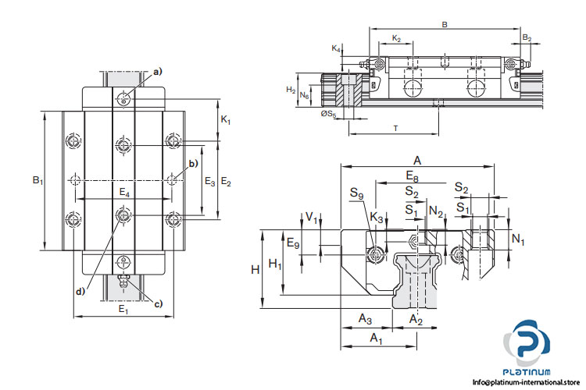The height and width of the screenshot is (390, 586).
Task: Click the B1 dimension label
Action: [x=37, y=180]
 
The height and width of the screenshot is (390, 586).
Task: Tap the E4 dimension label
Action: [x=125, y=191]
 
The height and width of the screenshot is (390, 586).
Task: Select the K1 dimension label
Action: [x=225, y=120]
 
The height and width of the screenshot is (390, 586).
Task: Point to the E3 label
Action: [x=209, y=181]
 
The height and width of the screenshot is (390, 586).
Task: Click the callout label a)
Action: [x=158, y=72]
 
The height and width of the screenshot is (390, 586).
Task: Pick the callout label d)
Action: [x=80, y=292]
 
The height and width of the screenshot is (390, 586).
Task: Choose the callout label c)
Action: [x=159, y=303]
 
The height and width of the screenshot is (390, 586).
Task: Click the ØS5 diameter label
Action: [x=328, y=115]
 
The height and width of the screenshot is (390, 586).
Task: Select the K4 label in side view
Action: [x=335, y=48]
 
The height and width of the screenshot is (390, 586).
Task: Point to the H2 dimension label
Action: [x=291, y=90]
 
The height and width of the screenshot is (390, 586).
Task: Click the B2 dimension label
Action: [x=527, y=37]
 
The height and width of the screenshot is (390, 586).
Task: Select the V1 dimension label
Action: [x=312, y=218]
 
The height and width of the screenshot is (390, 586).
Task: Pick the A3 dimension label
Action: [x=365, y=318]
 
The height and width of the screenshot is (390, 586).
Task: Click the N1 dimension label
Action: [x=517, y=239]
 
